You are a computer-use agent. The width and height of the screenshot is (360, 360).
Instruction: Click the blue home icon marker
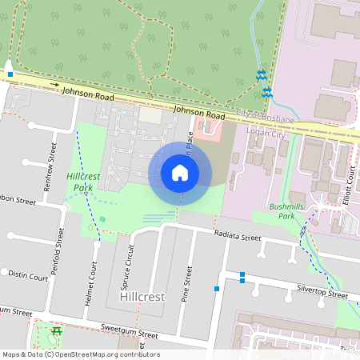180,173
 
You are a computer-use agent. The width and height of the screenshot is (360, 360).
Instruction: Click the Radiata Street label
238,237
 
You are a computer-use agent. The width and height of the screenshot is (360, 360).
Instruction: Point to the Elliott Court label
351,183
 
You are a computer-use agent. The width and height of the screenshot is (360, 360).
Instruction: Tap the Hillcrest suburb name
142,296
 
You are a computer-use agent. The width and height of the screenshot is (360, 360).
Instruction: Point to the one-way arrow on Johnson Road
54,83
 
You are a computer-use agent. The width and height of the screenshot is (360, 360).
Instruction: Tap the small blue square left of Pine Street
216,288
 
